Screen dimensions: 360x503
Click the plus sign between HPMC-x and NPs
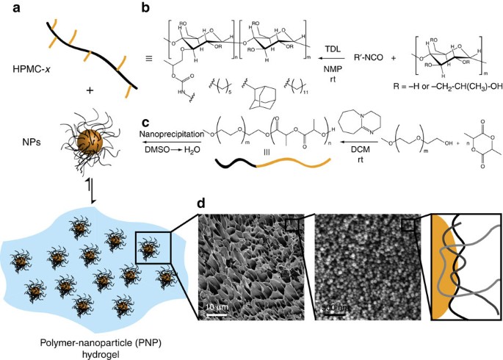[x=90, y=92]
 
